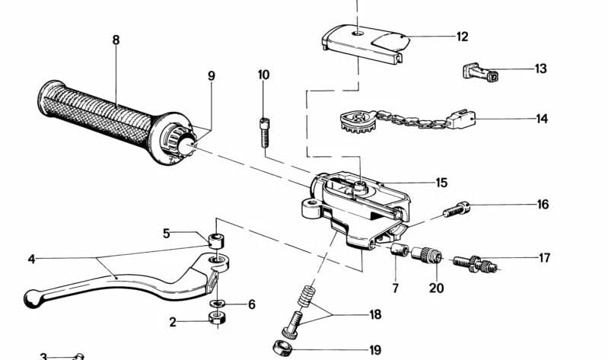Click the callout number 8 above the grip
116,40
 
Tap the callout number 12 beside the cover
463,36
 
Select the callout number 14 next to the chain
542,119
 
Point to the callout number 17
544,258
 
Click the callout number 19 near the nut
374,350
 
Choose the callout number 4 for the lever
31,259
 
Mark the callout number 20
436,288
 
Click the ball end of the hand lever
32,299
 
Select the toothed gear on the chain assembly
356,123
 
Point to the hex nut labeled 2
216,320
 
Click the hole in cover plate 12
357,33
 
